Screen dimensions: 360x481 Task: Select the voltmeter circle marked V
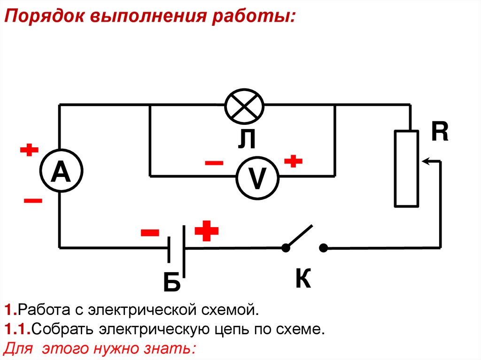257,178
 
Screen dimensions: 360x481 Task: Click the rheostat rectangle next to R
406,169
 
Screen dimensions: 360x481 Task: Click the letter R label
440,132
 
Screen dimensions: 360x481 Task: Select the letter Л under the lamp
246,139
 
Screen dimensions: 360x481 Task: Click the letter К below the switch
303,279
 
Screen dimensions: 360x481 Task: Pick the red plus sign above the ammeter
29,150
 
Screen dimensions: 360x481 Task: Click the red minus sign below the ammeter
33,201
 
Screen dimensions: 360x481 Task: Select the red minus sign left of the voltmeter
214,163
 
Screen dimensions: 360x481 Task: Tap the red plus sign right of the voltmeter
294,161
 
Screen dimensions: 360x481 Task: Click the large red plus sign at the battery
207,231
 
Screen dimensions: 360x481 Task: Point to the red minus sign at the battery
150,233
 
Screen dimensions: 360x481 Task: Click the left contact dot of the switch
285,248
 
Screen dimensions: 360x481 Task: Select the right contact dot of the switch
323,248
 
